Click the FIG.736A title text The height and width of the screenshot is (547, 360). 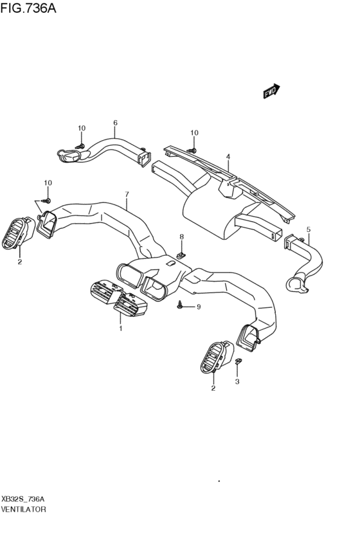tap(28, 8)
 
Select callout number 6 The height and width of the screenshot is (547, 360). tap(115, 123)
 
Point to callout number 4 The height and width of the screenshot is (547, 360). tap(228, 157)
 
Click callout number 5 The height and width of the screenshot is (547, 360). tap(309, 229)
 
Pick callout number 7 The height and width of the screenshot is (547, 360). tap(127, 194)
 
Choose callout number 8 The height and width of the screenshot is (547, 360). tap(181, 237)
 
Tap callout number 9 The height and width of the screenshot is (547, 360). tap(199, 307)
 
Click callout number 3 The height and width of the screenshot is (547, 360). tap(237, 382)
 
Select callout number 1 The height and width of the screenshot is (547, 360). tap(120, 328)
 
